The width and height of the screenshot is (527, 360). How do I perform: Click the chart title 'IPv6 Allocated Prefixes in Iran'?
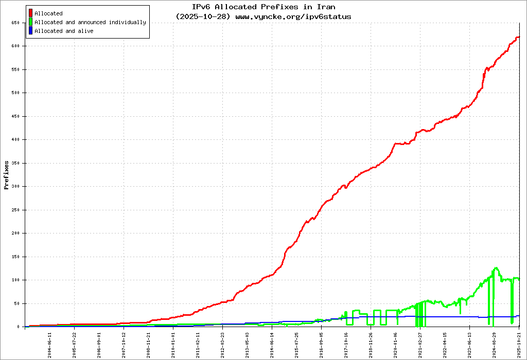coord(263,7)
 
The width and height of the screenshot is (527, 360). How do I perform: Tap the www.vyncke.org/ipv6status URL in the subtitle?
coord(293,16)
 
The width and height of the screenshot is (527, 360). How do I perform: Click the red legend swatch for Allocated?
coord(31,13)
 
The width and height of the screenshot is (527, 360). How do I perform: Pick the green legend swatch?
coord(31,22)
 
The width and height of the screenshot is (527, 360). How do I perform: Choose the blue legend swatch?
coord(31,31)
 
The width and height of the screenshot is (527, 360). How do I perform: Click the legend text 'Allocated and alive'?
coord(64,31)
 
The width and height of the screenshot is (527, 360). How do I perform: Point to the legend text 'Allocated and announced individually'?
coord(90,22)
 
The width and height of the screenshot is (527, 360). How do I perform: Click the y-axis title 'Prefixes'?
coord(6,175)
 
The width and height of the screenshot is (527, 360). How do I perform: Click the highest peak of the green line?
coord(496,268)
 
